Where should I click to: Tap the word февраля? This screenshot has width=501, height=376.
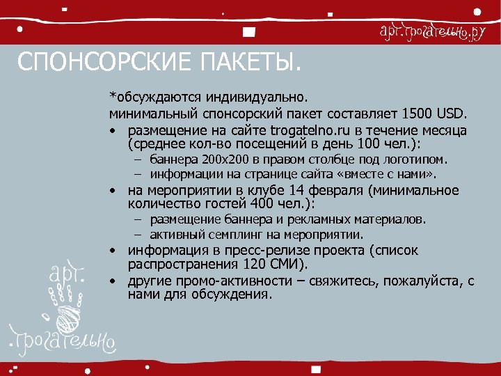[x=324, y=190]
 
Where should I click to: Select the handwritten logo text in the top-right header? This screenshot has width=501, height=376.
[x=431, y=32]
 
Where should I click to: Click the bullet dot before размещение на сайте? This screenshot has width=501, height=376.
[x=112, y=131]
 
